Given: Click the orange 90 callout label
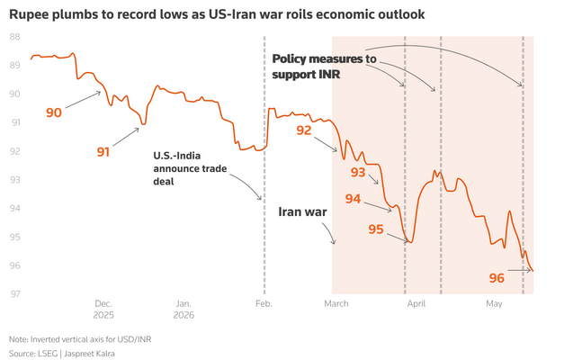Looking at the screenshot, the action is [54, 112].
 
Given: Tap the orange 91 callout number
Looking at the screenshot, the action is [103, 152].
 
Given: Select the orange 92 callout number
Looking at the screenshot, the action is [304, 130].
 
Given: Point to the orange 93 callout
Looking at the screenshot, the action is [358, 173].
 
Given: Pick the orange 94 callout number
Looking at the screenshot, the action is [353, 199].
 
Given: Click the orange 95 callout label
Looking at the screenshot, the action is [376, 229].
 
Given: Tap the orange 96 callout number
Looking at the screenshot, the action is [497, 278].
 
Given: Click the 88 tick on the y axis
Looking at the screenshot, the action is [14, 37].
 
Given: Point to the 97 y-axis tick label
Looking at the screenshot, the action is [14, 294].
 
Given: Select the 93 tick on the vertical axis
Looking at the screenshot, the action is [14, 180].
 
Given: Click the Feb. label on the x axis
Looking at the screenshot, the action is [264, 304].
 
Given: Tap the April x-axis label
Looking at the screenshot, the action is [416, 304].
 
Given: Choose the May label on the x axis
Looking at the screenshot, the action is [494, 304].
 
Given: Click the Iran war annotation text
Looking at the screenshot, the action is [302, 211].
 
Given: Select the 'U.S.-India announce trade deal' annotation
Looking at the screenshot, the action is [190, 168].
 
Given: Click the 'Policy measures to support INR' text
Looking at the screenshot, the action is [324, 67].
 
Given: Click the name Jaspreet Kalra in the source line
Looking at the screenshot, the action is [89, 354].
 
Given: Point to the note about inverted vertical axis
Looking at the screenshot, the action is [80, 339].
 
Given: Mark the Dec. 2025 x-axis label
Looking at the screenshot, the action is [103, 310].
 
